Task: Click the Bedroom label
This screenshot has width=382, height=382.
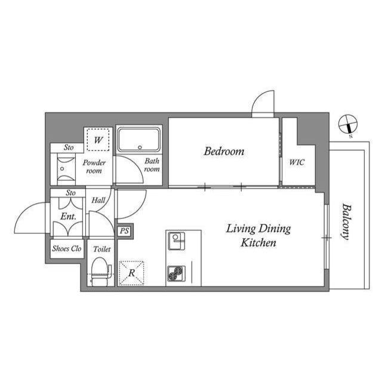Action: (x=224, y=152)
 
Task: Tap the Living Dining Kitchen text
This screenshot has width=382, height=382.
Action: (x=258, y=236)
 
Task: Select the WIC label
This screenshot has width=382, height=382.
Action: (x=297, y=162)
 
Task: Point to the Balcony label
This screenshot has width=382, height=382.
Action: (x=345, y=221)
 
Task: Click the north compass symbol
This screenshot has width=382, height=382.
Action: (x=347, y=125)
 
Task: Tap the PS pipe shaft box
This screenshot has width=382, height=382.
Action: (x=124, y=231)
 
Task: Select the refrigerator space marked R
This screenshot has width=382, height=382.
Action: (x=131, y=273)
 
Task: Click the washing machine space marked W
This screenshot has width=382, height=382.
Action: (x=98, y=141)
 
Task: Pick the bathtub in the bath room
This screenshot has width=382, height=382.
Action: (x=138, y=140)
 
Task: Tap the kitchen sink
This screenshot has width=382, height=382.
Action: (x=176, y=241)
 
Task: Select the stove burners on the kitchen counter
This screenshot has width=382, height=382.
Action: (x=176, y=273)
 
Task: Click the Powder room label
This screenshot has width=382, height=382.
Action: (x=94, y=167)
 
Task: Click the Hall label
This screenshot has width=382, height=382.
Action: (x=98, y=201)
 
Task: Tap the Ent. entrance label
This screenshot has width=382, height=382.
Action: (x=67, y=216)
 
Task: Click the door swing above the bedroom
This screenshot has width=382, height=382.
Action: (x=262, y=104)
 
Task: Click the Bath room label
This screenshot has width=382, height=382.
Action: (x=152, y=165)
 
